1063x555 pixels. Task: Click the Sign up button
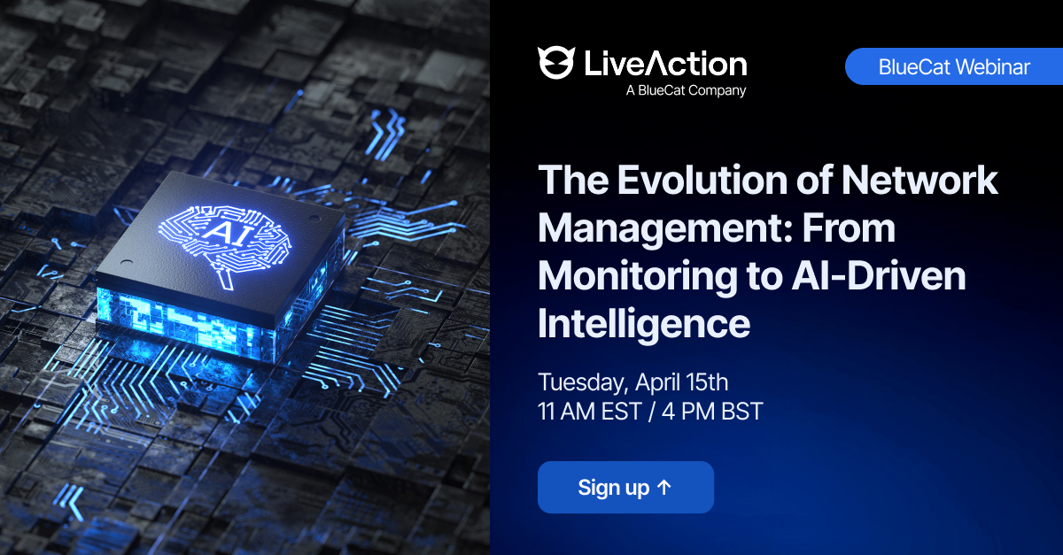625,487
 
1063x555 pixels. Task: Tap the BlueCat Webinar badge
954,66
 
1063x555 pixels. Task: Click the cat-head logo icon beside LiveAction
555,63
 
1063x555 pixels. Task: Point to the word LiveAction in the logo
665,64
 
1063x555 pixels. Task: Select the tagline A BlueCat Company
686,90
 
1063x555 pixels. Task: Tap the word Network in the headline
919,181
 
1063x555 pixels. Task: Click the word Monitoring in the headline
638,278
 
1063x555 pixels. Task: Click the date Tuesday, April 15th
633,382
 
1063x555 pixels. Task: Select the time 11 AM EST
590,412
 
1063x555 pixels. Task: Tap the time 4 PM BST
712,412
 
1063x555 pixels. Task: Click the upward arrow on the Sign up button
663,487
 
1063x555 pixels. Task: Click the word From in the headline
849,228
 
